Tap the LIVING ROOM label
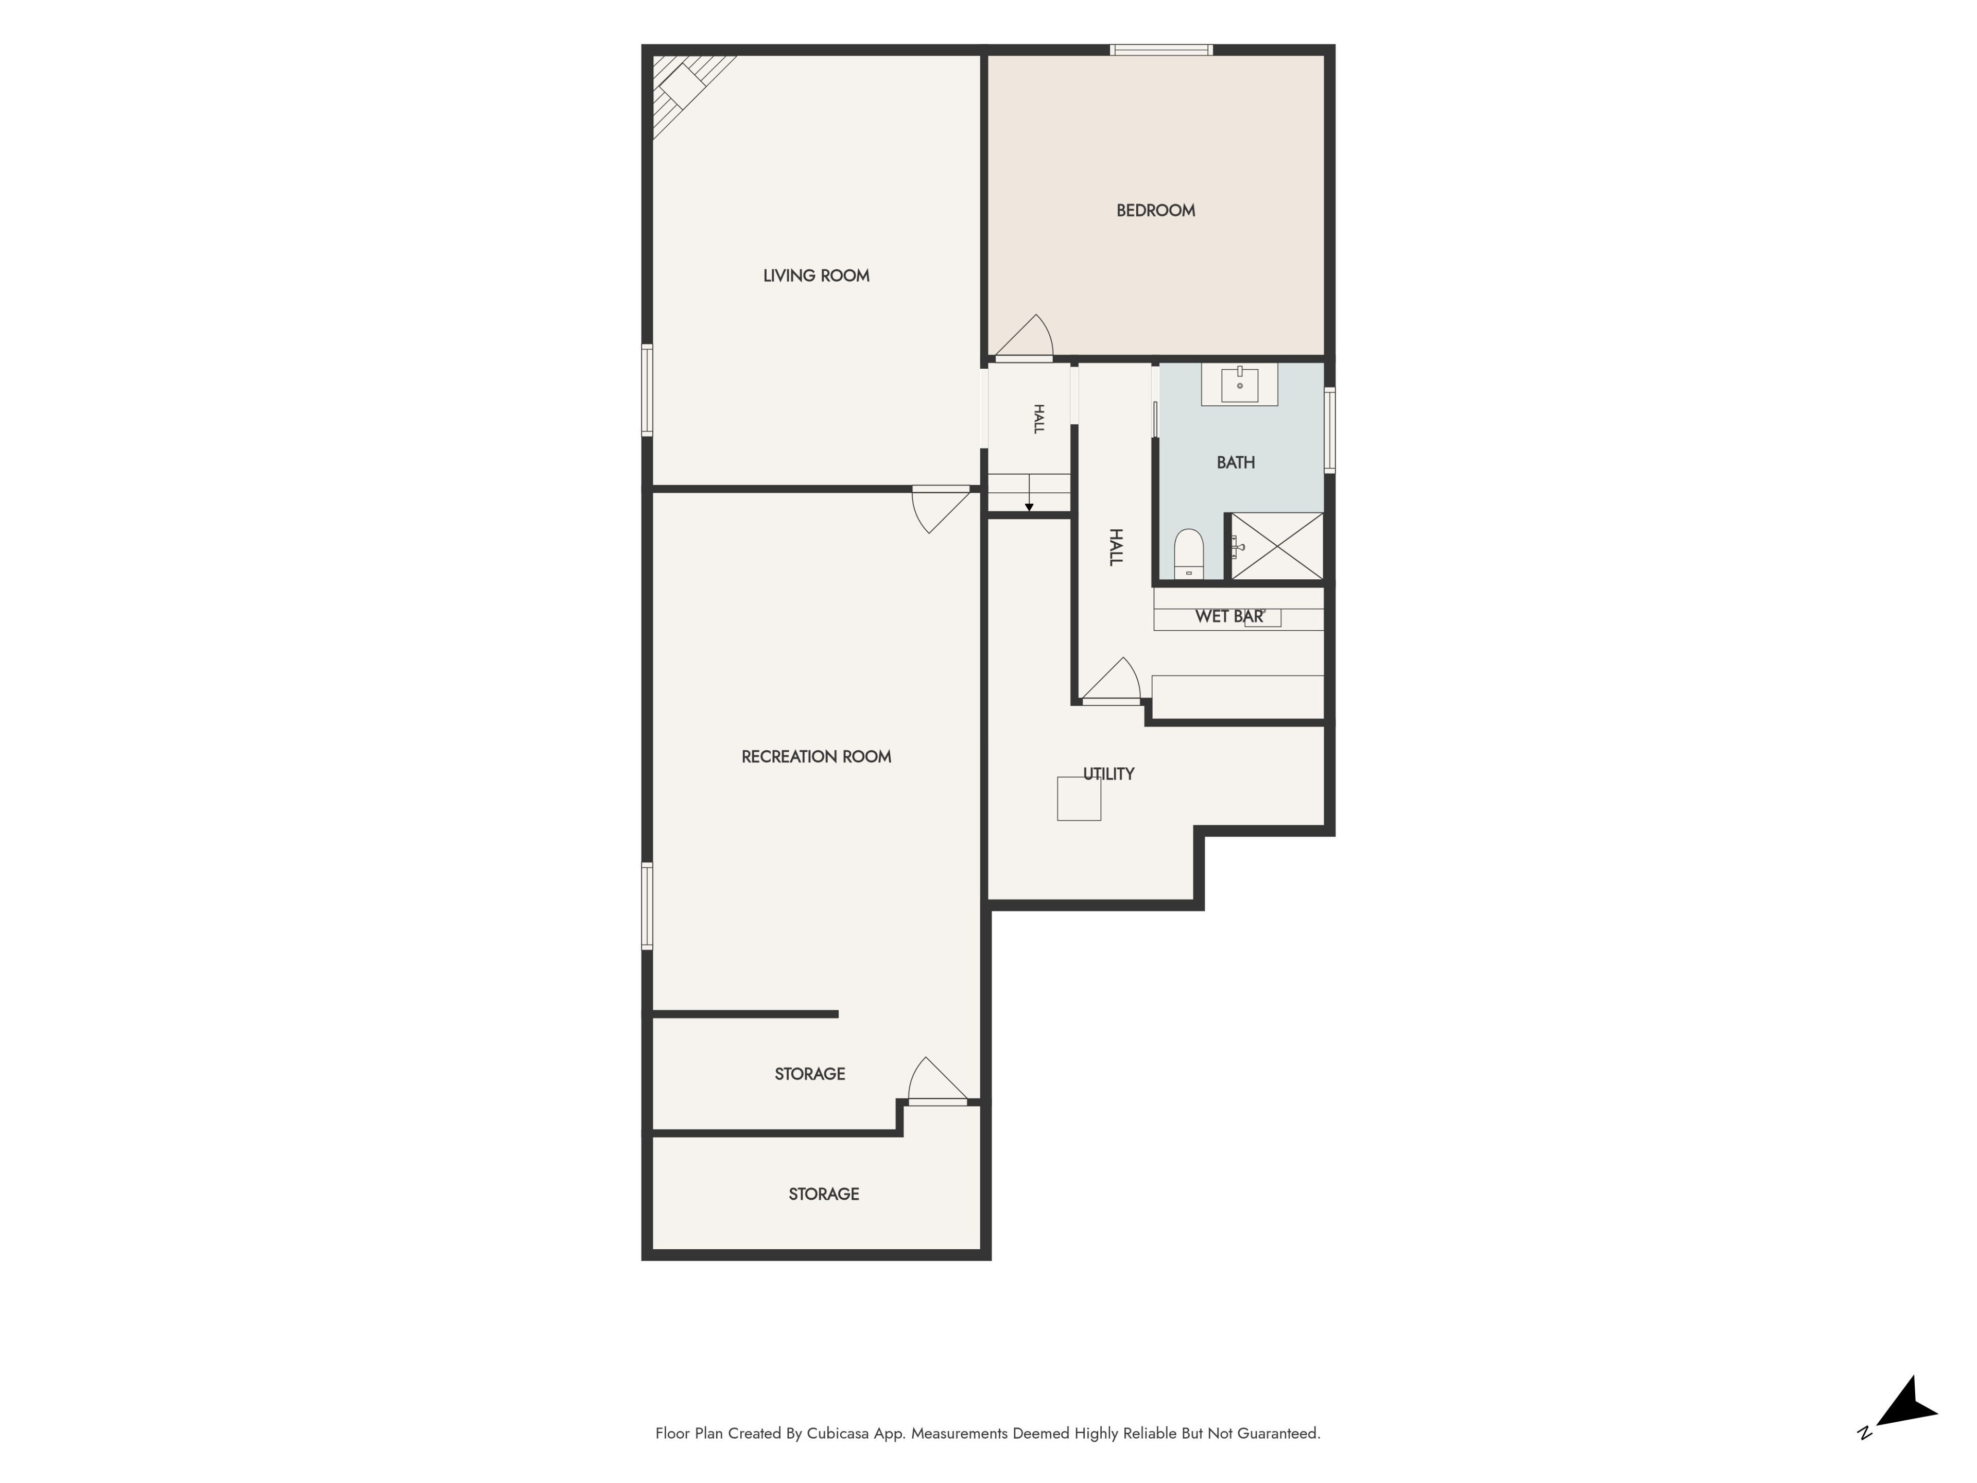(816, 276)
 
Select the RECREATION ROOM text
(816, 757)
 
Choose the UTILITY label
(1108, 774)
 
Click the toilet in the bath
(1189, 554)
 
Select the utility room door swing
(1111, 680)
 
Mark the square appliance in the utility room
(1079, 798)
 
